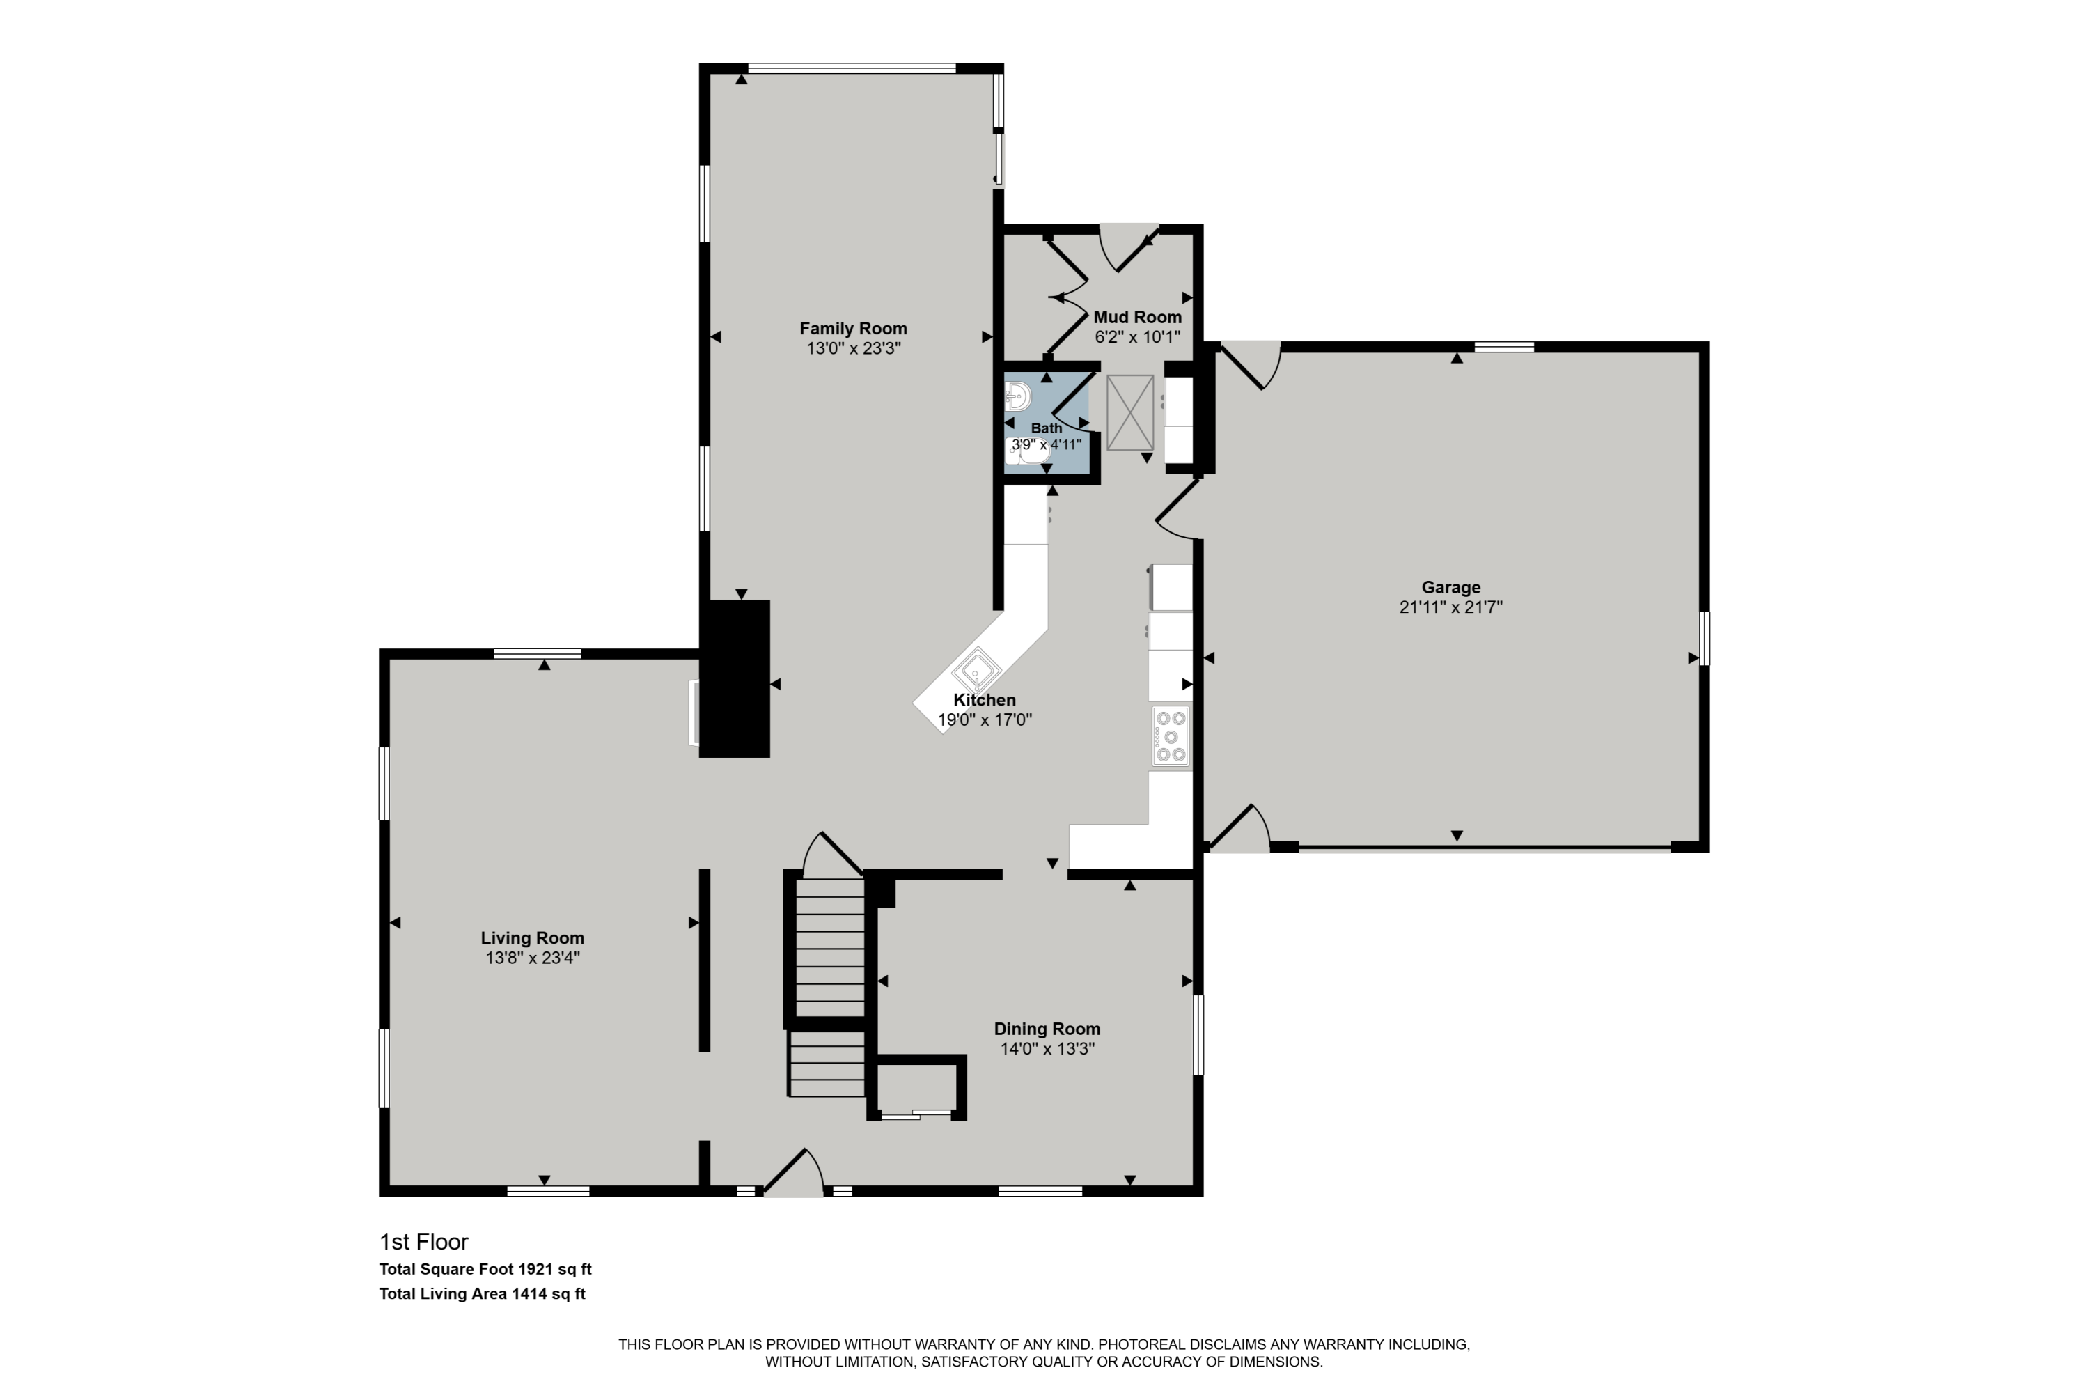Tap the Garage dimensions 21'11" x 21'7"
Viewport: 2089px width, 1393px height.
[x=1450, y=607]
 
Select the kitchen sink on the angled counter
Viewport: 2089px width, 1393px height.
[x=977, y=669]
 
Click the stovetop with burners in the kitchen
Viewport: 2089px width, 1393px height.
[x=1171, y=736]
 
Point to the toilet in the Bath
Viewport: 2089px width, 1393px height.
[x=1028, y=451]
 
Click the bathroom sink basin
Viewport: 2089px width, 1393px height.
[x=1018, y=396]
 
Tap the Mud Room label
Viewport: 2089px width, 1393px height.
[x=1137, y=317]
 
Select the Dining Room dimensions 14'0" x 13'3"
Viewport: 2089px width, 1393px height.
[x=1047, y=1048]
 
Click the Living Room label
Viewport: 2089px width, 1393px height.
[x=532, y=938]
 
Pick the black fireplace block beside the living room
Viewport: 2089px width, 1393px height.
[x=735, y=678]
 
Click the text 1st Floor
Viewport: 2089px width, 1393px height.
[x=423, y=1242]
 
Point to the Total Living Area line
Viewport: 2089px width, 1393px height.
[x=483, y=1293]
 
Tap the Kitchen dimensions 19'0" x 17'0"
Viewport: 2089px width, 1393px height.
[x=984, y=719]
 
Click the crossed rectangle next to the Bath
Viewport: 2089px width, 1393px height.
[x=1129, y=412]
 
